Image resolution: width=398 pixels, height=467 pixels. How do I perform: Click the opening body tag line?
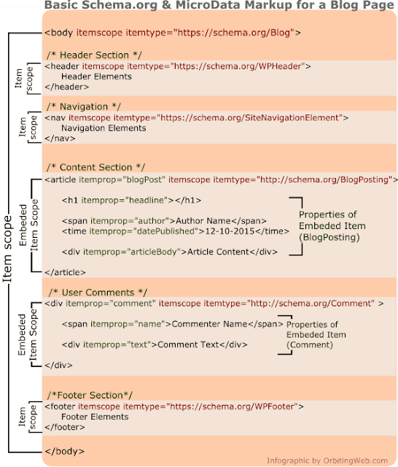pyautogui.click(x=173, y=32)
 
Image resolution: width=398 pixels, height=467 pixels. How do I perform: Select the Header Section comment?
pyautogui.click(x=94, y=55)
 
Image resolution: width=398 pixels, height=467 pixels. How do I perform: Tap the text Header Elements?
pyautogui.click(x=96, y=77)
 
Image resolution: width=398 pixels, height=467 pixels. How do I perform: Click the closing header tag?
pyautogui.click(x=66, y=87)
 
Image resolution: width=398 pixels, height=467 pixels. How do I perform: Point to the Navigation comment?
pyautogui.click(x=84, y=107)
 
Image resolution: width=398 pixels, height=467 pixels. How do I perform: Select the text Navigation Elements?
pyautogui.click(x=104, y=128)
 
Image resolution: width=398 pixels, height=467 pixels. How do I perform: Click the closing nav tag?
pyautogui.click(x=60, y=139)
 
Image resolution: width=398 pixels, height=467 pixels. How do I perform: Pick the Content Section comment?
pyautogui.click(x=95, y=167)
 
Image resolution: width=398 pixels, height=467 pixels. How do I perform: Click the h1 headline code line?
pyautogui.click(x=131, y=200)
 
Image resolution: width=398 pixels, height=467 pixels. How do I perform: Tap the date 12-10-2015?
pyautogui.click(x=230, y=231)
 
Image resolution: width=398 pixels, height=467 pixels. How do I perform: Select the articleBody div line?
pyautogui.click(x=170, y=252)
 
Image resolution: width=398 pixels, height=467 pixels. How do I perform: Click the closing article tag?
pyautogui.click(x=65, y=272)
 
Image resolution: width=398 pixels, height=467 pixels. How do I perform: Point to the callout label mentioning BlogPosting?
pyautogui.click(x=332, y=225)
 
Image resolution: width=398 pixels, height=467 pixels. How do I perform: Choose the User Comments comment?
pyautogui.click(x=98, y=293)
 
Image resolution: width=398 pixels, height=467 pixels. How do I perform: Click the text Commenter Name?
pyautogui.click(x=209, y=324)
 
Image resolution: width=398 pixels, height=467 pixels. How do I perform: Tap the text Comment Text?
pyautogui.click(x=188, y=344)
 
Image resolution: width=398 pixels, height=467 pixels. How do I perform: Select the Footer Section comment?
pyautogui.click(x=90, y=395)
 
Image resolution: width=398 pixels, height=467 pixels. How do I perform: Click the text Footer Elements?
pyautogui.click(x=95, y=417)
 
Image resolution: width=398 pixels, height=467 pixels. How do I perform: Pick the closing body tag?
pyautogui.click(x=65, y=452)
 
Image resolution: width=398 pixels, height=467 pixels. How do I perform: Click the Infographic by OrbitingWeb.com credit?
pyautogui.click(x=327, y=460)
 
